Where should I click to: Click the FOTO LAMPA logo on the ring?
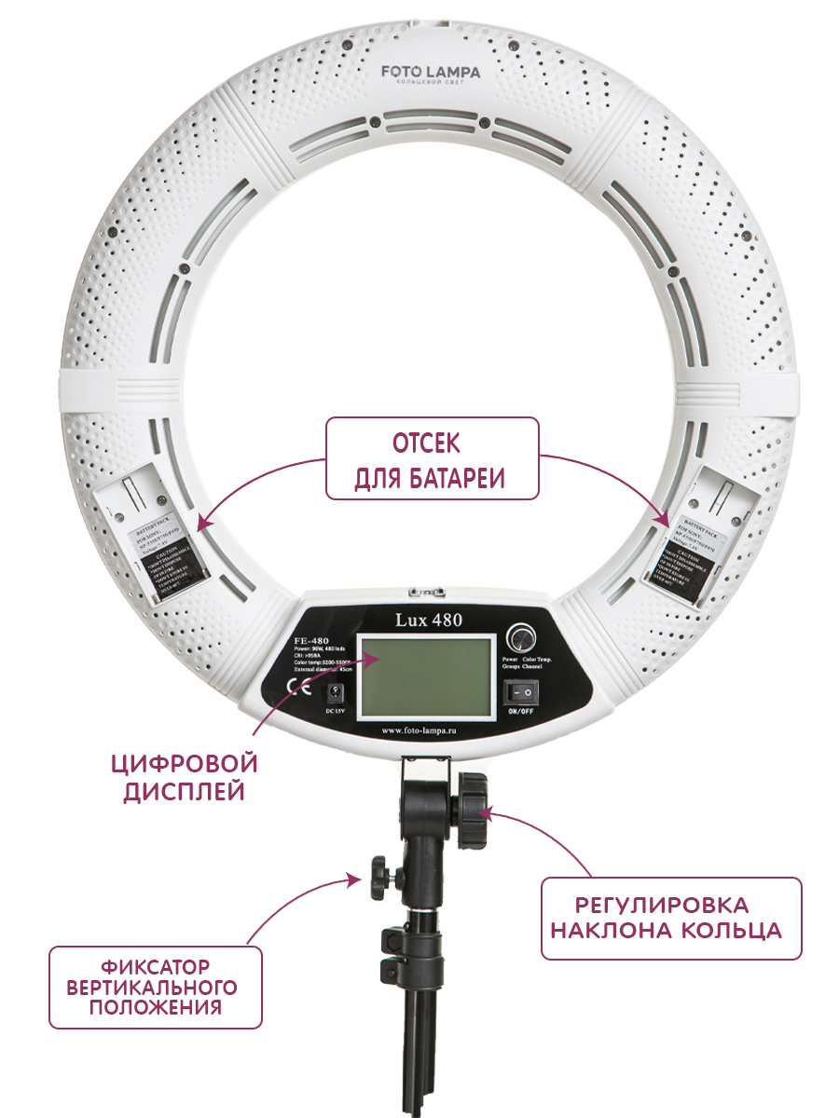[x=430, y=72]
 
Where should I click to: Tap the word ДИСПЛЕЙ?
[x=185, y=792]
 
